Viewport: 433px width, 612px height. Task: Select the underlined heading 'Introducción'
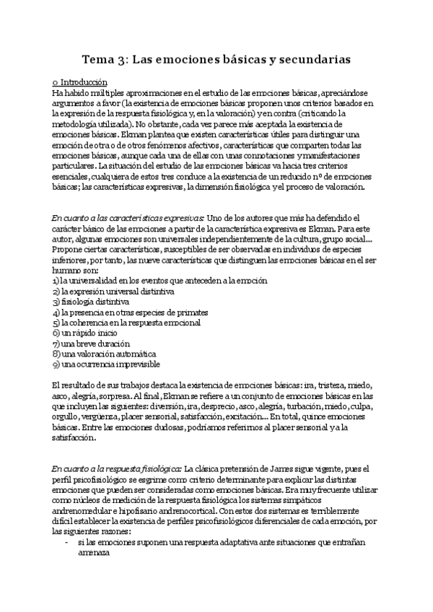tap(84, 82)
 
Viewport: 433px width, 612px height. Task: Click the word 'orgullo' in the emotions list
tap(67, 418)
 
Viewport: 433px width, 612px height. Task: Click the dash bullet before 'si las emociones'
tap(66, 542)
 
